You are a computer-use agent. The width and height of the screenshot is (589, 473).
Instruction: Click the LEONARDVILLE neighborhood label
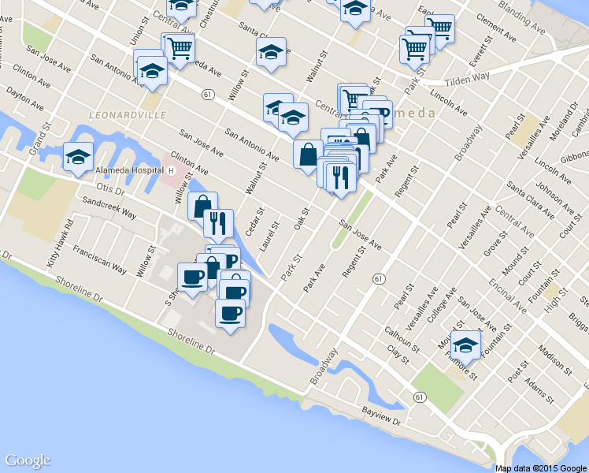pyautogui.click(x=128, y=115)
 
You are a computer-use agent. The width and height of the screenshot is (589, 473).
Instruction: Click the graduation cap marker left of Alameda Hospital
pyautogui.click(x=78, y=156)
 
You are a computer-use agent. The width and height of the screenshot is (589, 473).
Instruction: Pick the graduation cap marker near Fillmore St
pyautogui.click(x=466, y=344)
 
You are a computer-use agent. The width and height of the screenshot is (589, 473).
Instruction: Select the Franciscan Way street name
pyautogui.click(x=99, y=258)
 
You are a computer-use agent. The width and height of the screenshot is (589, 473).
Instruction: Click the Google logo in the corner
pyautogui.click(x=28, y=460)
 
